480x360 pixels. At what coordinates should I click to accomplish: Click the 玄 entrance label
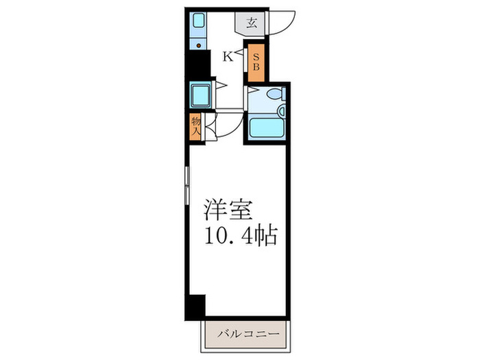coord(252,22)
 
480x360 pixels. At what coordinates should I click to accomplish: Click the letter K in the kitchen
coord(227,58)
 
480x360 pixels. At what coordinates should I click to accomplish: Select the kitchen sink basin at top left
coord(199,21)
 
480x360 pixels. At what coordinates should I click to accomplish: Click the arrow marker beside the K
coord(241,54)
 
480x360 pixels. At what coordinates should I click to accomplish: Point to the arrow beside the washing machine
coord(220,87)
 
